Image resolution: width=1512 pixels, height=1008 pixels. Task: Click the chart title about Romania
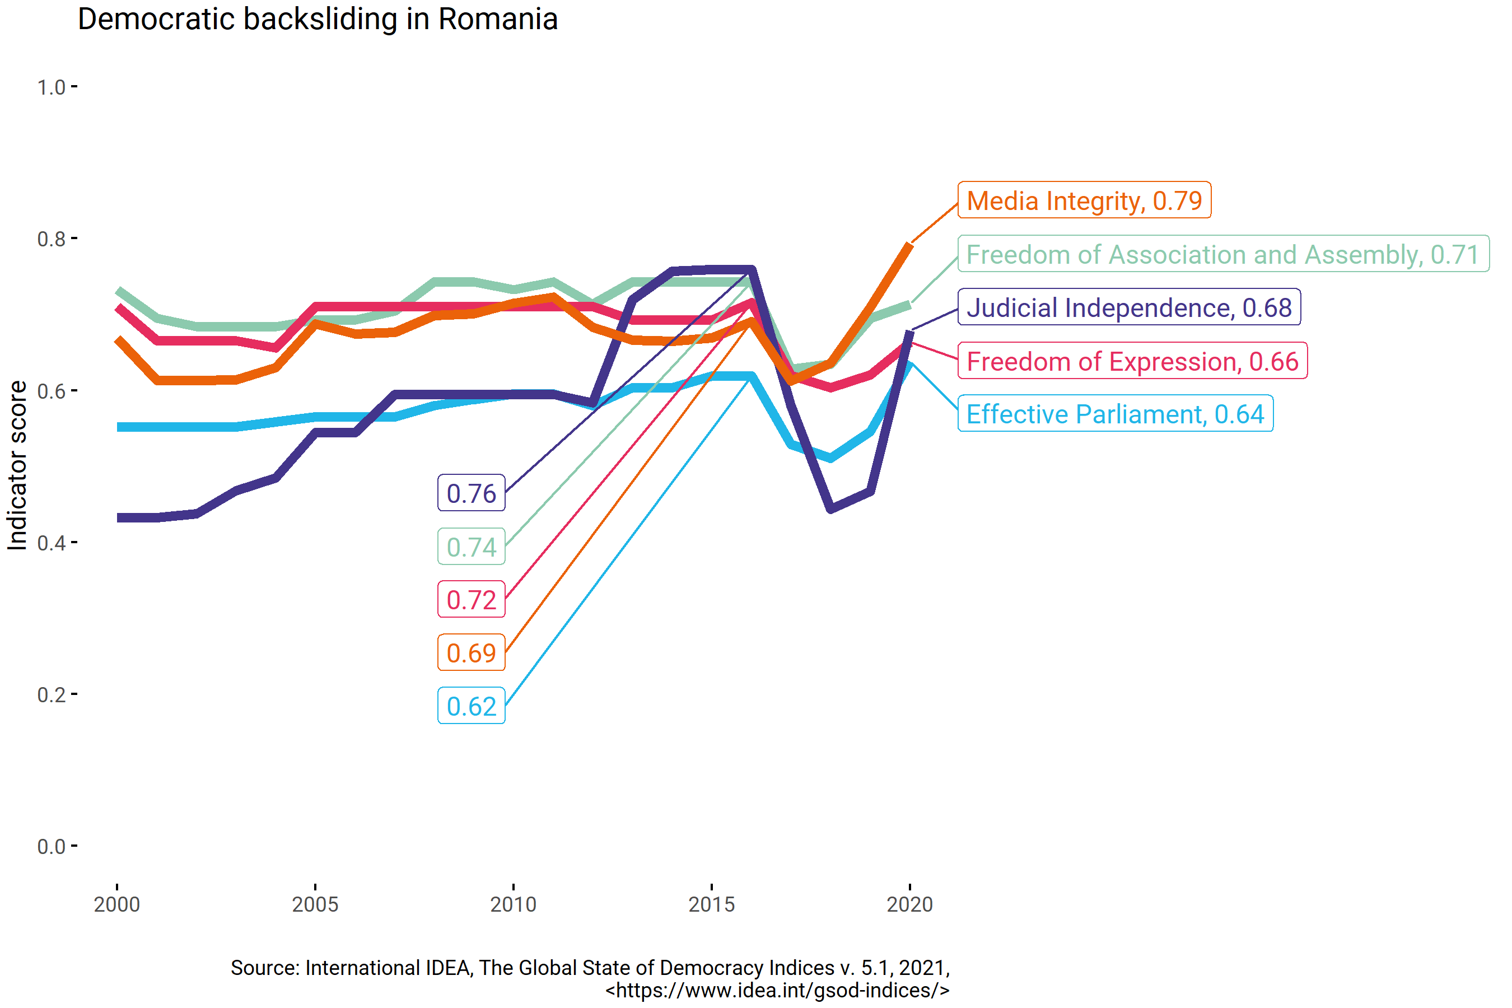coord(317,19)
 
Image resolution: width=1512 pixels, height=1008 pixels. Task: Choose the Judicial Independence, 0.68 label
coord(1129,308)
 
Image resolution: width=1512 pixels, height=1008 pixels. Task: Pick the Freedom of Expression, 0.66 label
coord(1132,361)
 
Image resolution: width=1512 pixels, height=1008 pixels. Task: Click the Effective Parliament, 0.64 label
coord(1115,414)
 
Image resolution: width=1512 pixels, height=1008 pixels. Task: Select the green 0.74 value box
coord(471,547)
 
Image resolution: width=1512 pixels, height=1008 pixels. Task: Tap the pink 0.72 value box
coord(471,600)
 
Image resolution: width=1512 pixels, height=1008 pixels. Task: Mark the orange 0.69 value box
coord(471,653)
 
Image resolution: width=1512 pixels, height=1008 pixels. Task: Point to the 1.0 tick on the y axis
coord(52,87)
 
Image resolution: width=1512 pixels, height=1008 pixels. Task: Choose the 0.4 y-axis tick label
coord(52,543)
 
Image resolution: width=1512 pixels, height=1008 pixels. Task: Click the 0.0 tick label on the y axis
coord(52,847)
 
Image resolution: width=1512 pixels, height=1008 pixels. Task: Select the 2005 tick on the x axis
coord(315,904)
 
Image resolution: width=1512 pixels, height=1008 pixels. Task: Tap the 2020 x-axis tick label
coord(909,904)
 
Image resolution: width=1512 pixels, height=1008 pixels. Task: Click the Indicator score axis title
coord(17,465)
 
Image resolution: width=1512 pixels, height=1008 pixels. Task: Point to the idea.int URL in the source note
coord(777,991)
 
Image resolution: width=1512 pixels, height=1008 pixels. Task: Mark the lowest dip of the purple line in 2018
coord(830,509)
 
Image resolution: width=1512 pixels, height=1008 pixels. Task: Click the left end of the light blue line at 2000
coord(118,427)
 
